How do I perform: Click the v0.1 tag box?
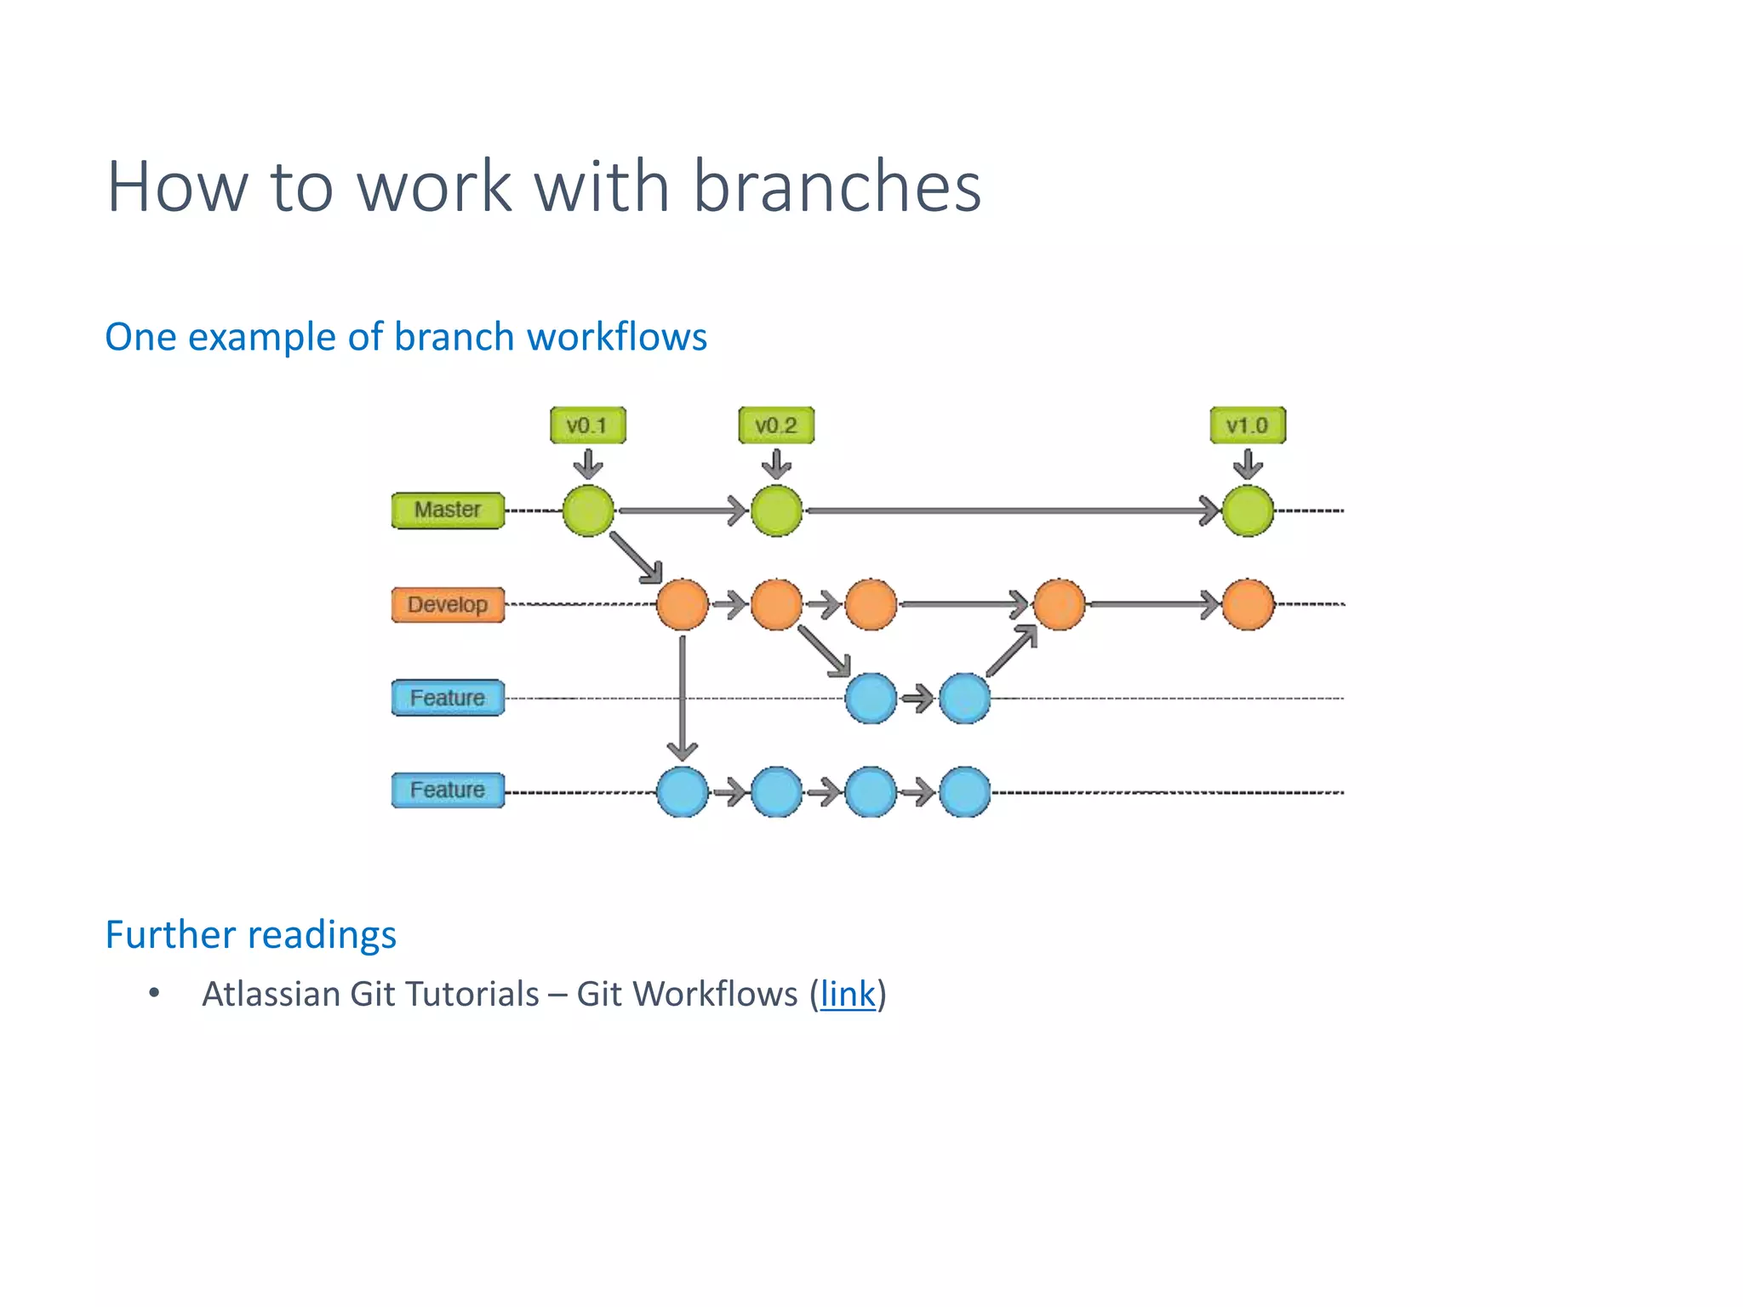587,425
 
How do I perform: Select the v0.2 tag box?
775,425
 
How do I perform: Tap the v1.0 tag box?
1247,425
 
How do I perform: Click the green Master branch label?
448,511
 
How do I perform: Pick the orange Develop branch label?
448,605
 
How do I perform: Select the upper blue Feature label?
448,698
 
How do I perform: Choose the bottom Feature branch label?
448,790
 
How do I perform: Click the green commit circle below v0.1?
588,511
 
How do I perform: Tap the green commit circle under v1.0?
1248,511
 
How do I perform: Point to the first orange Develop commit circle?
683,605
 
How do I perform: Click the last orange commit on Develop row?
1248,605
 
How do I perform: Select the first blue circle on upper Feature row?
871,699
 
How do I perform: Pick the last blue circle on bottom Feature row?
965,792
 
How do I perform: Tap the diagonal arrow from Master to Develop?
635,557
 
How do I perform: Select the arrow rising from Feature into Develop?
1012,652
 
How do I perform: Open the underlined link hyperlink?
847,995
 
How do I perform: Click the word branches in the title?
837,187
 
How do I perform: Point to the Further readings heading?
250,935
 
